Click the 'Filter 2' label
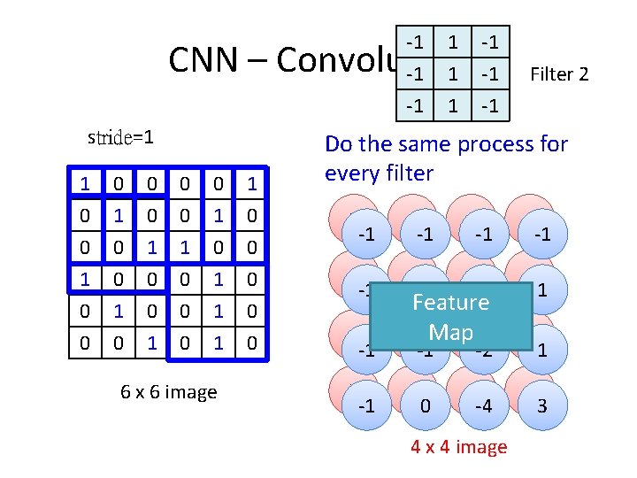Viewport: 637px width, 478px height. [x=558, y=74]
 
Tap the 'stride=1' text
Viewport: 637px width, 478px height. [x=121, y=137]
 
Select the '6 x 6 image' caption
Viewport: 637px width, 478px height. [x=168, y=392]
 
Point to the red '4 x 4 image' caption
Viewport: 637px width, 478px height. [x=458, y=447]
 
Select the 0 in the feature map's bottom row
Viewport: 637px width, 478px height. [x=426, y=406]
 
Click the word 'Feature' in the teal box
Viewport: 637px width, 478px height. [x=450, y=303]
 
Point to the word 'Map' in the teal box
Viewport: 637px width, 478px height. [x=450, y=333]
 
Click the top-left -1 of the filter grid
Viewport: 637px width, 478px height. [x=412, y=42]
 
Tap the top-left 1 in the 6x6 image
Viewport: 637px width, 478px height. [x=84, y=184]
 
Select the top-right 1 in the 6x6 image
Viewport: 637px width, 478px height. [x=253, y=184]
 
